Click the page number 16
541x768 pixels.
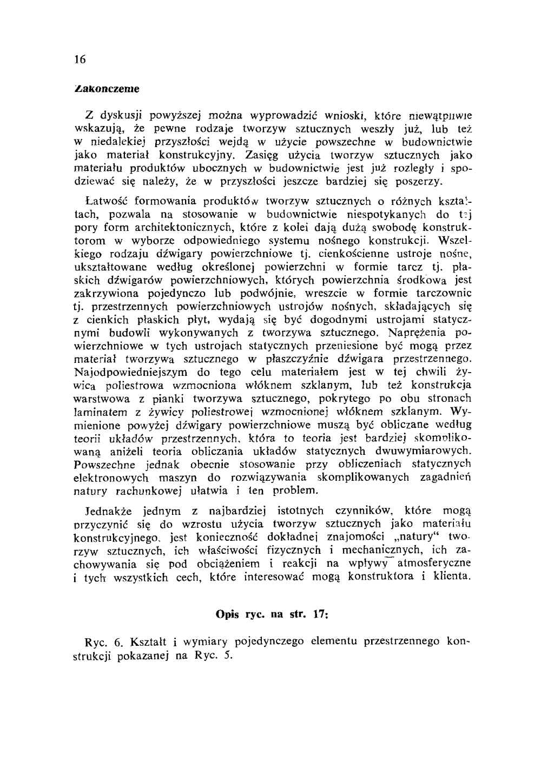pos(80,59)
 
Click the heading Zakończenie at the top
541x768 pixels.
pos(106,87)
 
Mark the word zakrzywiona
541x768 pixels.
pos(104,293)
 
